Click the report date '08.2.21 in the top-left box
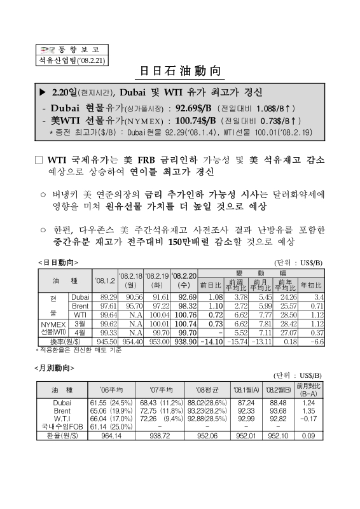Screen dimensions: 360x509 85,60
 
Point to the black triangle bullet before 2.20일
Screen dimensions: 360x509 43,92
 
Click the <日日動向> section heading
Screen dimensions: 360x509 59,262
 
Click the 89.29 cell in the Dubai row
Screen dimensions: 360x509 106,297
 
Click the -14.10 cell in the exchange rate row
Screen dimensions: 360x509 211,341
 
